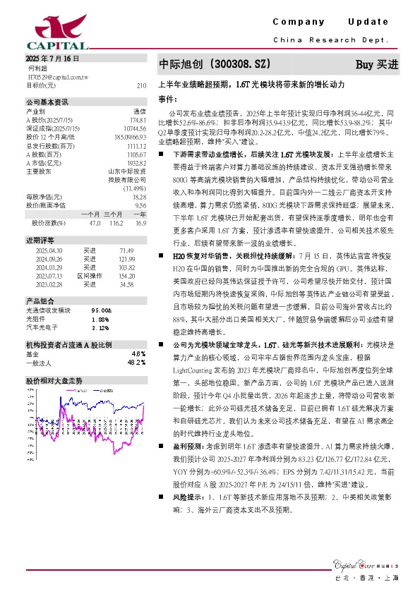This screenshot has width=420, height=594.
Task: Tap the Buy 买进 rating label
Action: point(376,64)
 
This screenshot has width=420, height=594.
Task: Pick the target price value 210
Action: point(141,85)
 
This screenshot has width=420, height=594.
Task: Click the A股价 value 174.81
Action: point(138,120)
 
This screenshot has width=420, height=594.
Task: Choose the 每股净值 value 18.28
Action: point(139,197)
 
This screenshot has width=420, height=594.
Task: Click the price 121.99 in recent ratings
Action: point(127,260)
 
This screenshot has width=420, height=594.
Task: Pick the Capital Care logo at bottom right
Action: point(366,563)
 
